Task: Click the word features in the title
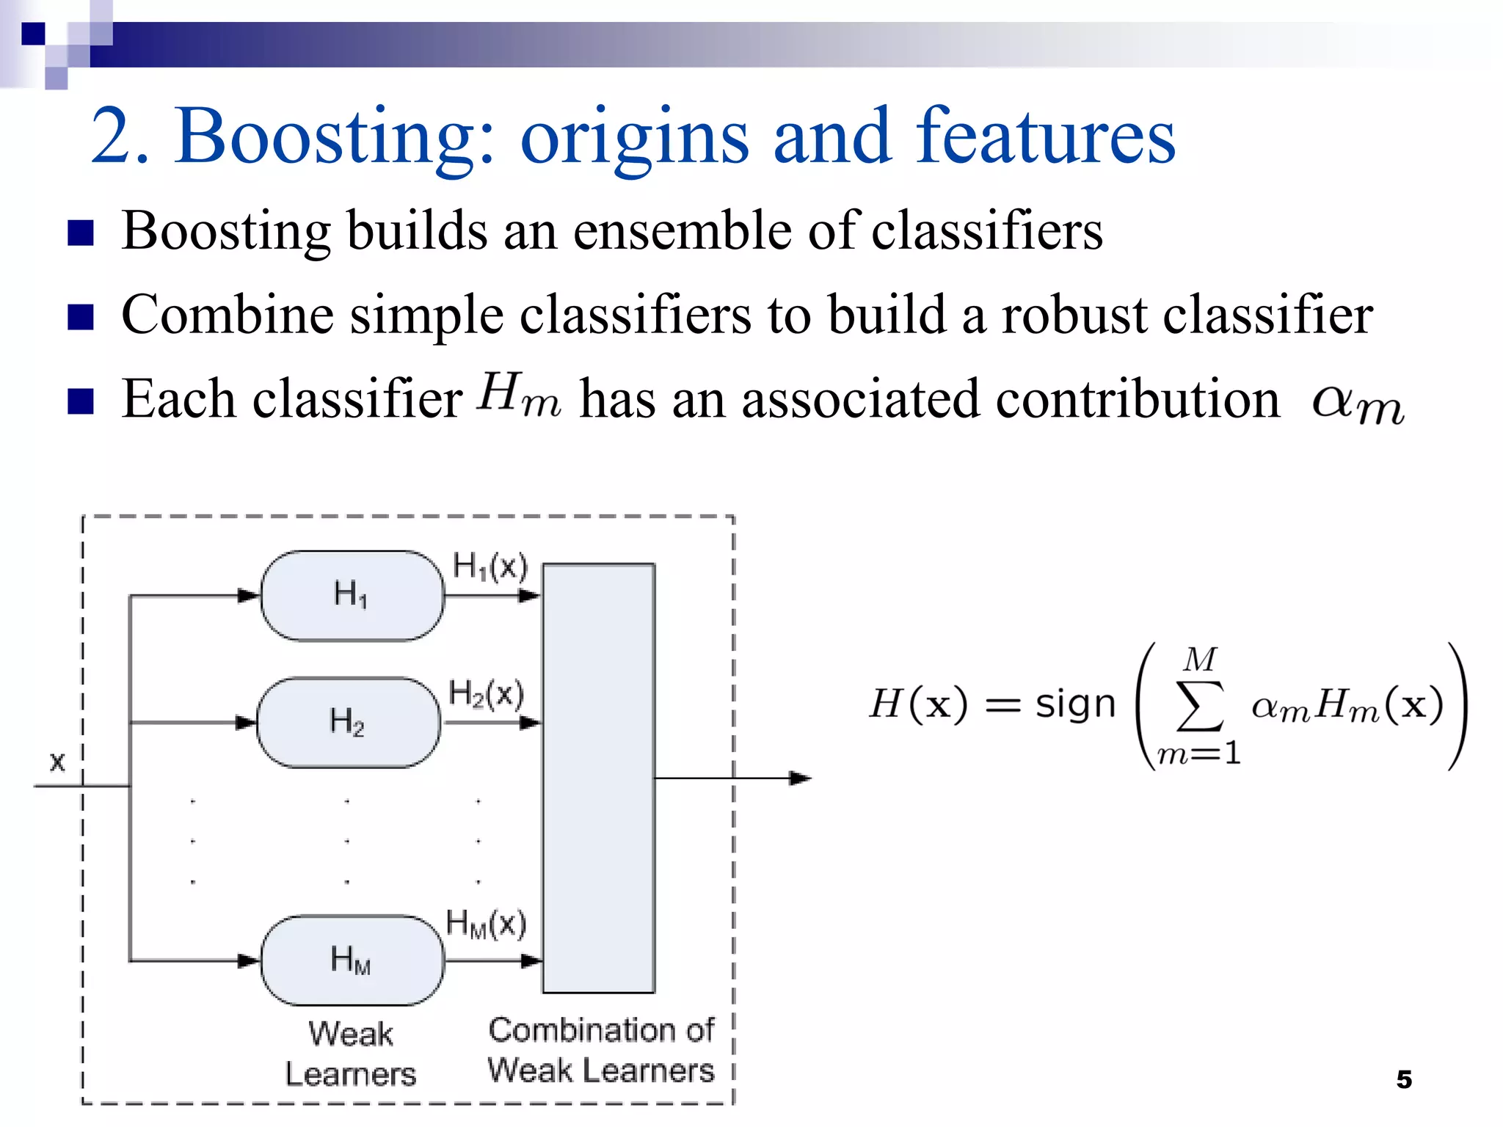point(1045,136)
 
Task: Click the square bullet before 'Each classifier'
point(80,401)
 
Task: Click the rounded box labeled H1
point(352,596)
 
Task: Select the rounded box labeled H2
point(349,723)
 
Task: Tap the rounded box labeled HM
point(352,960)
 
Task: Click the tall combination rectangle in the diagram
point(599,778)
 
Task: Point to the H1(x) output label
point(490,566)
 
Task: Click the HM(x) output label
point(486,924)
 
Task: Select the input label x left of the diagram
point(57,762)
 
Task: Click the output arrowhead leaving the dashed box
point(801,778)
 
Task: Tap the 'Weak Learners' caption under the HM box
point(351,1054)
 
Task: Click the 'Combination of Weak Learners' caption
point(601,1051)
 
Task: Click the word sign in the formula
point(1075,704)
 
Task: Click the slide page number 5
point(1403,1079)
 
